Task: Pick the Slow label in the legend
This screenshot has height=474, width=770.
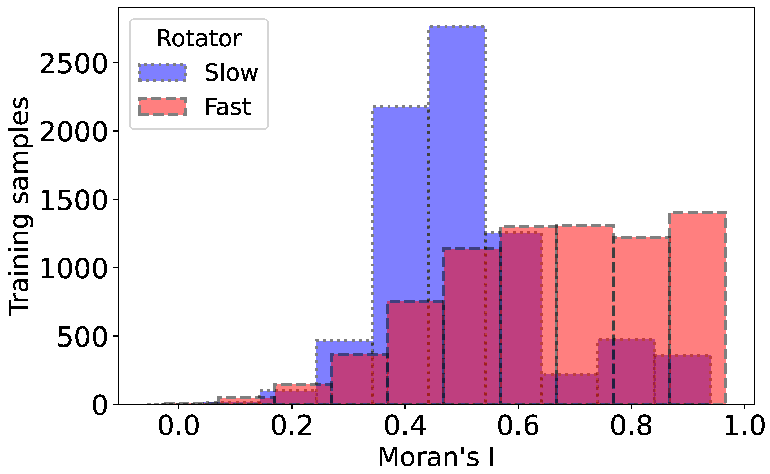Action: coord(231,73)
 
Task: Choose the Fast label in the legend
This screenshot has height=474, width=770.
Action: coord(228,107)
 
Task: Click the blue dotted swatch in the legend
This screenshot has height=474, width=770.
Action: coord(162,73)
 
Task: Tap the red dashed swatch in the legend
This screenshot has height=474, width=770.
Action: coord(162,107)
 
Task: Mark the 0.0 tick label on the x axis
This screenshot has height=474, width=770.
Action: coord(179,426)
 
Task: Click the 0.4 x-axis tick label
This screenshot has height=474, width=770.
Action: coord(405,426)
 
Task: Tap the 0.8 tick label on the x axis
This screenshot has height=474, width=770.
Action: coord(631,426)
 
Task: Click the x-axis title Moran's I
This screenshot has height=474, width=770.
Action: coord(436,457)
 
